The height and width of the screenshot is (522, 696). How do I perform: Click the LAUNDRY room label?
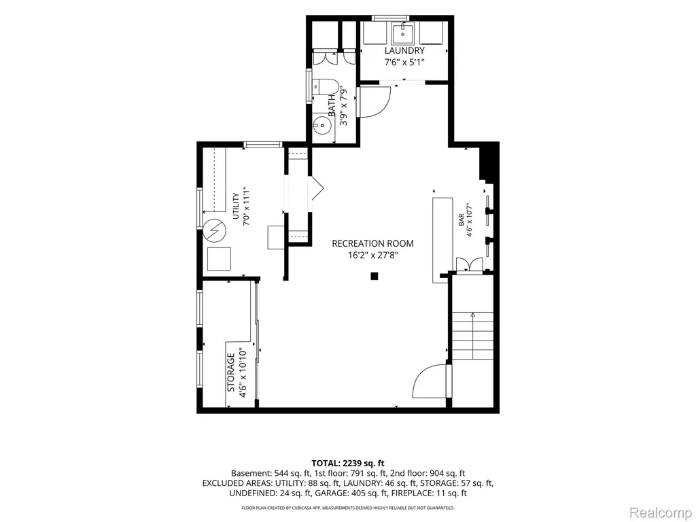pos(404,50)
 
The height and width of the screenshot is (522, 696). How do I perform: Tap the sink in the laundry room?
pos(403,33)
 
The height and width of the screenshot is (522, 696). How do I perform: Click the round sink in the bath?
pos(321,126)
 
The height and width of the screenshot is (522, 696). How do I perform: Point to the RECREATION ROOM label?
pos(373,243)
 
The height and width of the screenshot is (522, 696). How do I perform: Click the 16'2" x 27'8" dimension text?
pos(373,256)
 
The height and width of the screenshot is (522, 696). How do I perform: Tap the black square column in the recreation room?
pos(375,276)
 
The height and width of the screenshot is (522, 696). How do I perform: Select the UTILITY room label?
pos(236,207)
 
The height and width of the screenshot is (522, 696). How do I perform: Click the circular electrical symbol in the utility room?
pos(215,231)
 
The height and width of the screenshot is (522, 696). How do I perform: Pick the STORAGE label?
pos(231,372)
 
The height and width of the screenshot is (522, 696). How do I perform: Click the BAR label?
pos(462,220)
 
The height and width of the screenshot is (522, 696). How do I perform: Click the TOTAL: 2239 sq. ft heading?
pos(348,464)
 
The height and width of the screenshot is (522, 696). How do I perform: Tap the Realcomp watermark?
pos(660,512)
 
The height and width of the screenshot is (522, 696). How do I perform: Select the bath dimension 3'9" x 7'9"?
pos(343,108)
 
